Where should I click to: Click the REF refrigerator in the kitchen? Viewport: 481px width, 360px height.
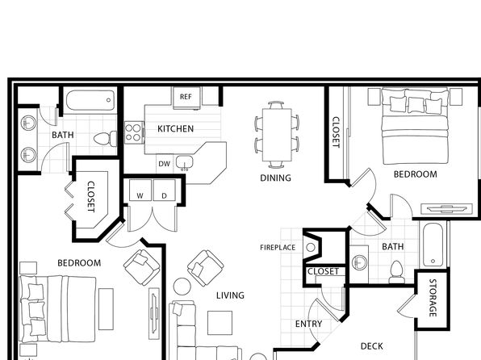186,98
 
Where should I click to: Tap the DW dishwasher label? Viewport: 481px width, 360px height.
164,164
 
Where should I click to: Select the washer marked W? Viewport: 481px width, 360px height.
140,190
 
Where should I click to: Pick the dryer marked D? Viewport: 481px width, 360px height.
165,190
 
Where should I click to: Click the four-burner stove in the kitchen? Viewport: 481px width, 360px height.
134,132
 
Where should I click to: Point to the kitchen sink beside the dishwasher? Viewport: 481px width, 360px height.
184,162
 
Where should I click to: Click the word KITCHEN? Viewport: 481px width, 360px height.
175,128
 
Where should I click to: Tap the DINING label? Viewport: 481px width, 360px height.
275,178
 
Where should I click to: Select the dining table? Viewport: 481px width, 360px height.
277,135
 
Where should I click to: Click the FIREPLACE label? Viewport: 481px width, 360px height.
278,247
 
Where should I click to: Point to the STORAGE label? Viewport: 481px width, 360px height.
433,298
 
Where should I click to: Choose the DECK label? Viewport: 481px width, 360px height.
372,346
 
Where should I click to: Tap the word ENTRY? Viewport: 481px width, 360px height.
308,324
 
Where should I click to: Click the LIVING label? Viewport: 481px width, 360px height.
230,295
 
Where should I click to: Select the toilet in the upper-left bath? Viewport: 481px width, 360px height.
105,139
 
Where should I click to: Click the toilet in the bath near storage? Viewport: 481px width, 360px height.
396,272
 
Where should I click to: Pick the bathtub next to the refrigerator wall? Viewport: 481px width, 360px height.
90,100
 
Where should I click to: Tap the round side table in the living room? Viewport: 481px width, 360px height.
182,287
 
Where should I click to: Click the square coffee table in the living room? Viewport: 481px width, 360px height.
220,323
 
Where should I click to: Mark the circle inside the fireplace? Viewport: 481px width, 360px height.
311,247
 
